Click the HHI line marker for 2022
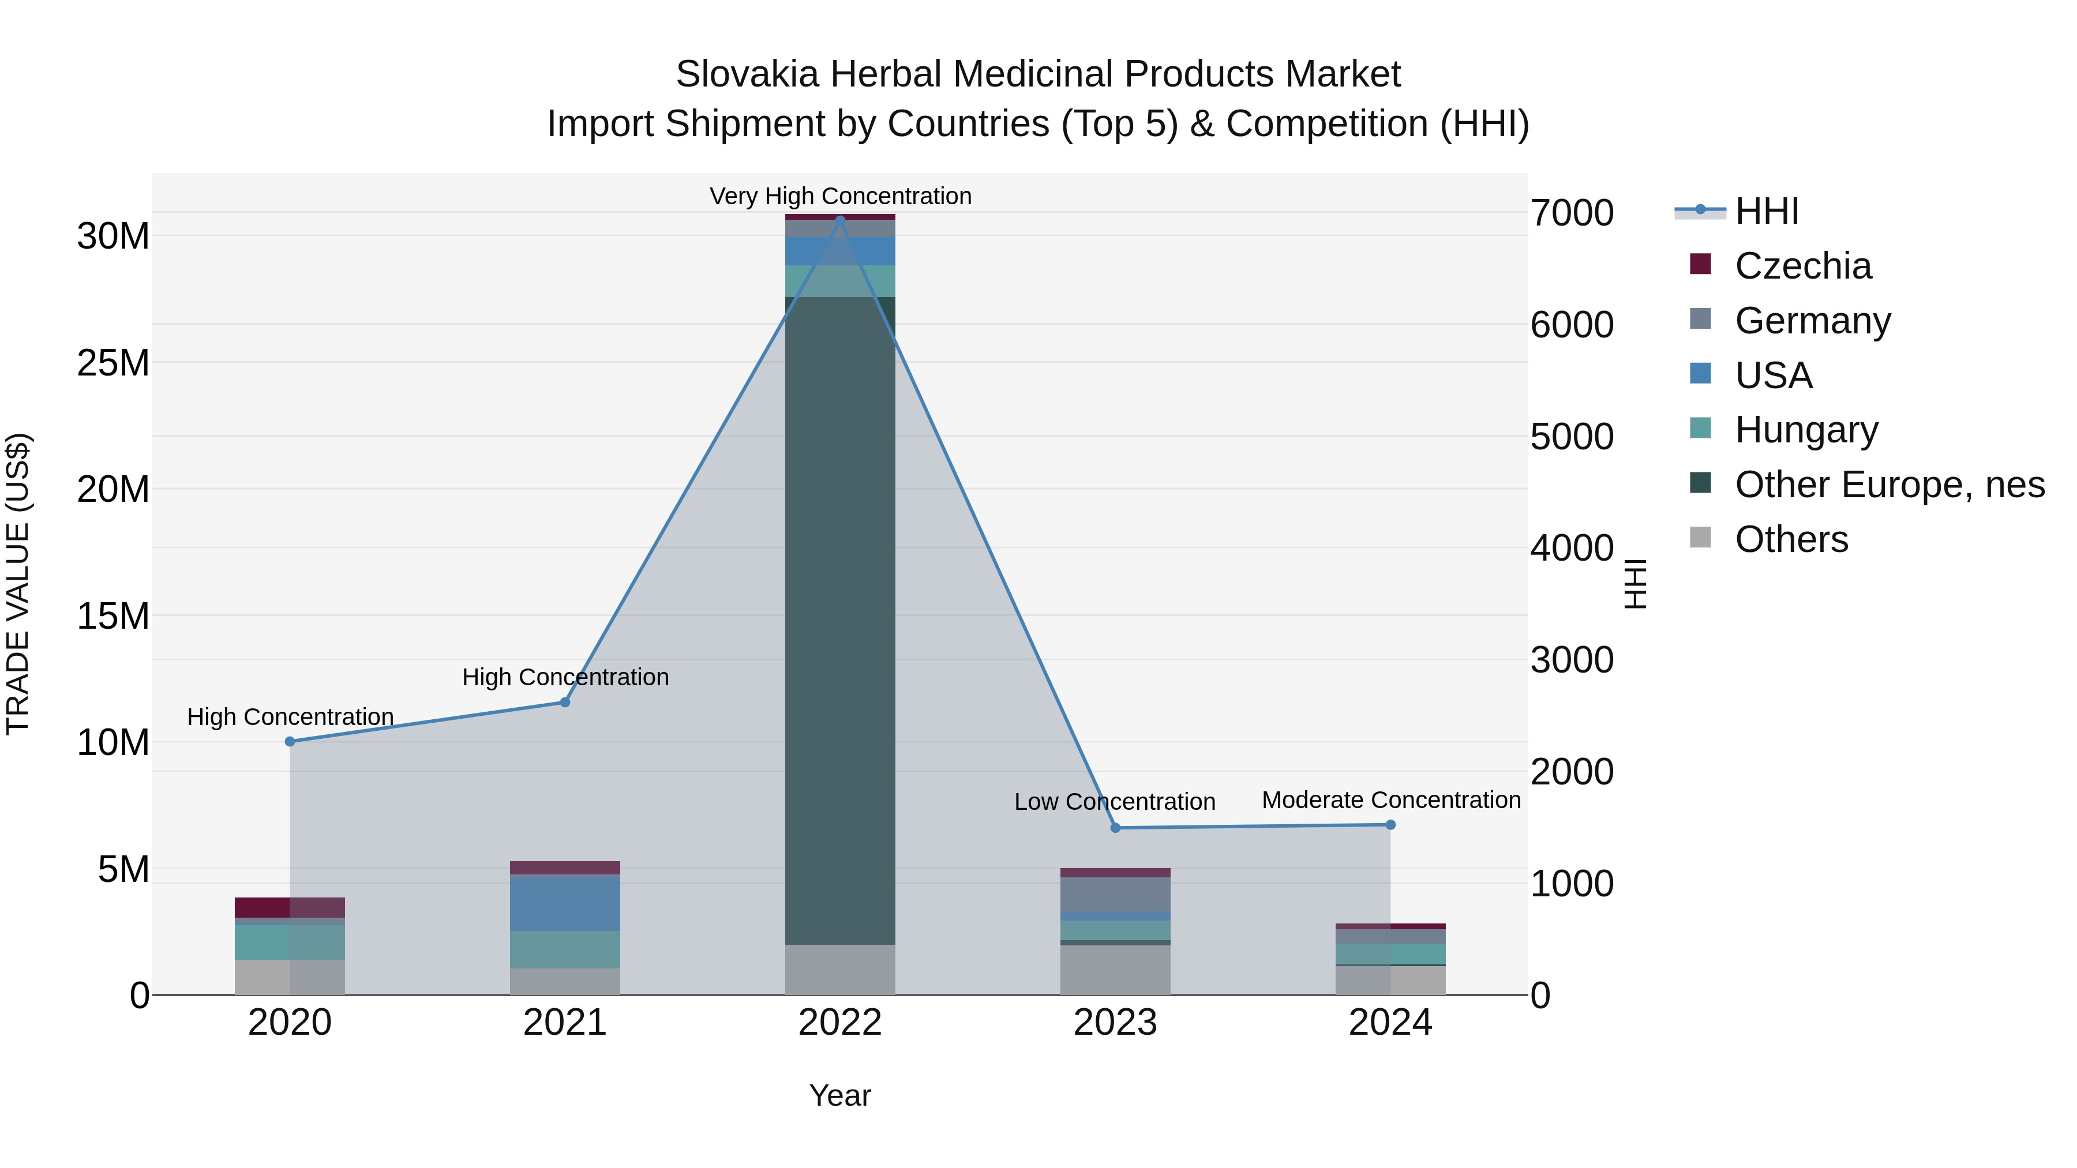[840, 220]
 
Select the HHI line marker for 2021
[565, 702]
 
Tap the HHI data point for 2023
[1116, 828]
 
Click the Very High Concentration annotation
[840, 196]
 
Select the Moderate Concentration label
[1391, 801]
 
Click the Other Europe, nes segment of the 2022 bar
[840, 621]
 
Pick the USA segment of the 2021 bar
[565, 903]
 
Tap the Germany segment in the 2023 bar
[1115, 894]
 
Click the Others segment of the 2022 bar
[840, 970]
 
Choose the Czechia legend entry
[1803, 266]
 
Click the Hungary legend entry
[1806, 430]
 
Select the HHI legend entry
[1766, 211]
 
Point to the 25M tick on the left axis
[113, 363]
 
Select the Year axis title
[840, 1095]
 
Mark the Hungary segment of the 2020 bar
[290, 941]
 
